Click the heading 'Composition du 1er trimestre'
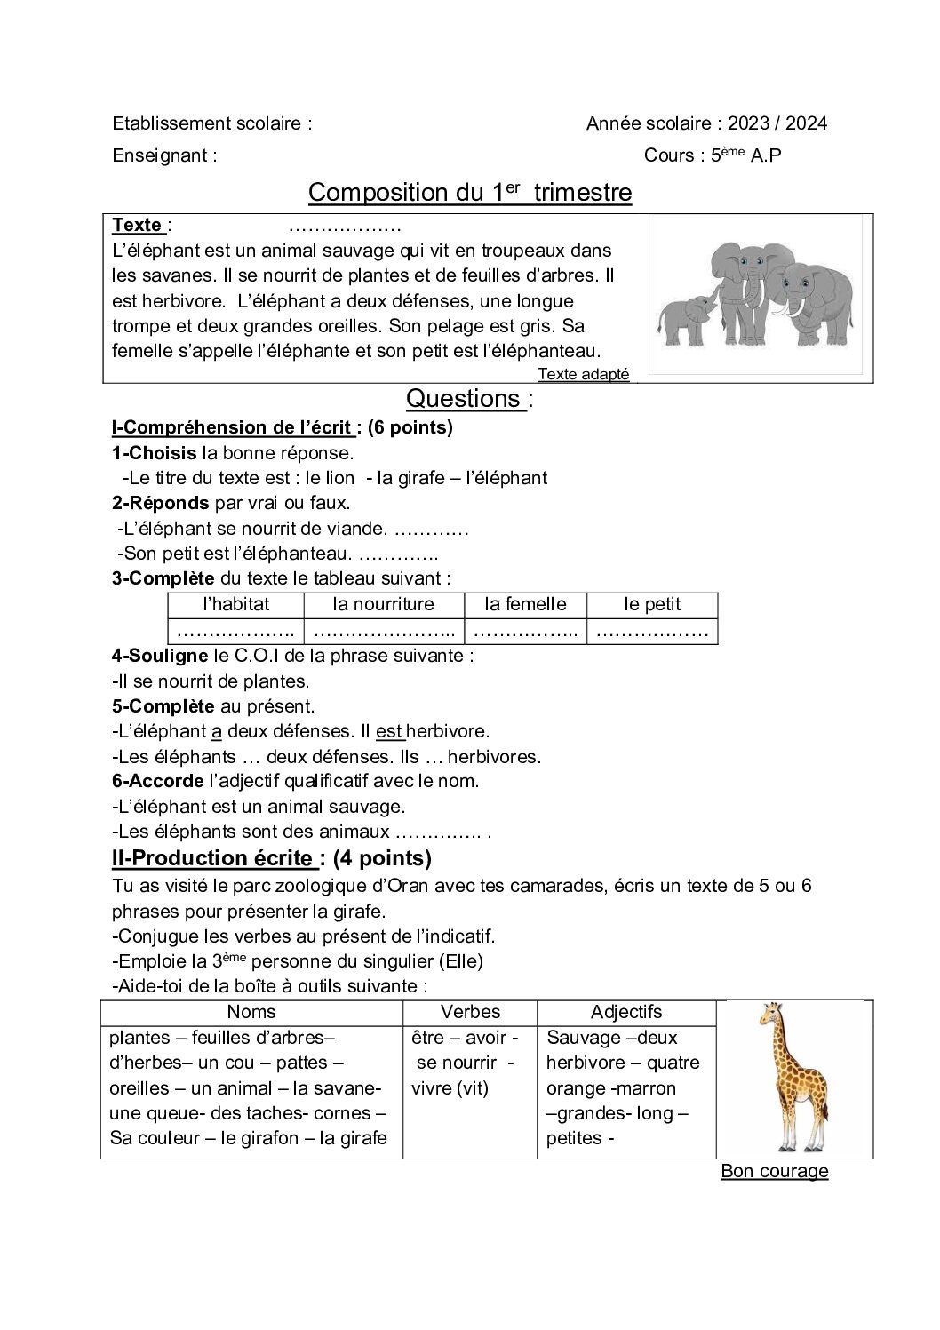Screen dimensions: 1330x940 click(469, 193)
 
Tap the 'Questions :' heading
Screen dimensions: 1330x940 click(468, 399)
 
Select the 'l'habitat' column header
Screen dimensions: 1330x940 click(235, 605)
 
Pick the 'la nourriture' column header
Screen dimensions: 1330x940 click(383, 605)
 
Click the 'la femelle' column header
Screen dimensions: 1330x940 click(525, 605)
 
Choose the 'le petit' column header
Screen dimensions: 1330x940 click(652, 605)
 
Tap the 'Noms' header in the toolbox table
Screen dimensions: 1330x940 click(251, 1012)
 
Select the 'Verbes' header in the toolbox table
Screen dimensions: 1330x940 click(470, 1012)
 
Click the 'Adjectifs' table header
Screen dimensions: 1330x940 click(626, 1012)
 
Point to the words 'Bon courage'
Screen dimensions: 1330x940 click(774, 1171)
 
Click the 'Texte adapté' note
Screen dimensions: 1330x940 click(583, 374)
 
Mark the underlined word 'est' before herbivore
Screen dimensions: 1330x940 click(389, 731)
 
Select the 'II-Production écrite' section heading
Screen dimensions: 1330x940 click(213, 858)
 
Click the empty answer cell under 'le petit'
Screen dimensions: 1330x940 click(652, 632)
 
